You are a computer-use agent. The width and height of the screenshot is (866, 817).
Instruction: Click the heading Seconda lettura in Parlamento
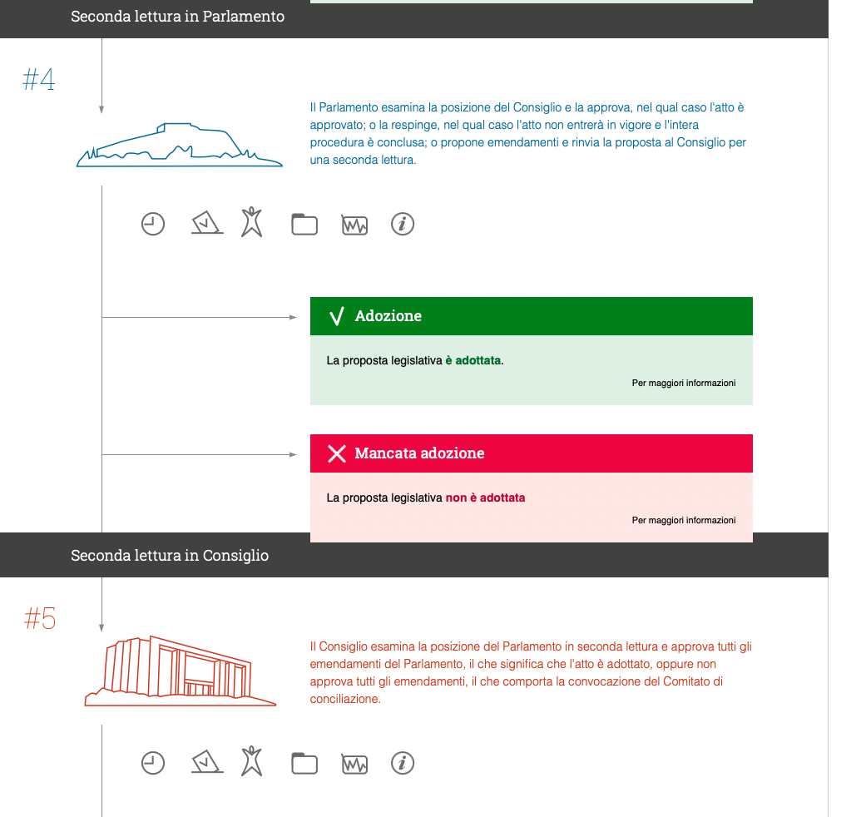pos(177,17)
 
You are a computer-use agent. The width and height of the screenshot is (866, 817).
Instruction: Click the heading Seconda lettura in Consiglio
pos(170,555)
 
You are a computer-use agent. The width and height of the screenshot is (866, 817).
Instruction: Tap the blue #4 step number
pos(38,80)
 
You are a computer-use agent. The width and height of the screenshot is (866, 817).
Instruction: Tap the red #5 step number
pos(40,618)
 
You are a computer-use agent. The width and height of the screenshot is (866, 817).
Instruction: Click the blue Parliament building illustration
pos(180,146)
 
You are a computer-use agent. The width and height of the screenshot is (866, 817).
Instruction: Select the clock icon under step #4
pos(153,224)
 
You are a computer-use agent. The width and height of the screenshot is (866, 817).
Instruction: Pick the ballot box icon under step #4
pos(206,224)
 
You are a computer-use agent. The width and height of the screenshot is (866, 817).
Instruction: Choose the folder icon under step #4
pos(304,224)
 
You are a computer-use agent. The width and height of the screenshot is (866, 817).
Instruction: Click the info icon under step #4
pos(403,224)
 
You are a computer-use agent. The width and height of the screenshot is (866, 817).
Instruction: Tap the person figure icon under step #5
pos(251,761)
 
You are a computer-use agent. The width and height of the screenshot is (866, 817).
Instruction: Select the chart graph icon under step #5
pos(354,763)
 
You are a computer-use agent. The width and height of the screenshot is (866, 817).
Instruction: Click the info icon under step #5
pos(403,763)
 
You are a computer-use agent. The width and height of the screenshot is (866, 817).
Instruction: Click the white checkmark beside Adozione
pos(337,316)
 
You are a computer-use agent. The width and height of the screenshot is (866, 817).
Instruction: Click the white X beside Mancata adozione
pos(337,453)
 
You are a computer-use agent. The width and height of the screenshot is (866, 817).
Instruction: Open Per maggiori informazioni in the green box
pos(684,384)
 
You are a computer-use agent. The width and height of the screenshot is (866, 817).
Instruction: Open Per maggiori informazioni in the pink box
pos(684,521)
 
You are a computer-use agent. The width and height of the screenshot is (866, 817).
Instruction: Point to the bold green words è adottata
pos(473,361)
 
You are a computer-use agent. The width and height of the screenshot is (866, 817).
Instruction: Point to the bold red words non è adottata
pos(485,498)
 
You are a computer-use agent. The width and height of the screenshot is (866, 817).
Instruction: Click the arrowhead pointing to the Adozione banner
pos(293,317)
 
